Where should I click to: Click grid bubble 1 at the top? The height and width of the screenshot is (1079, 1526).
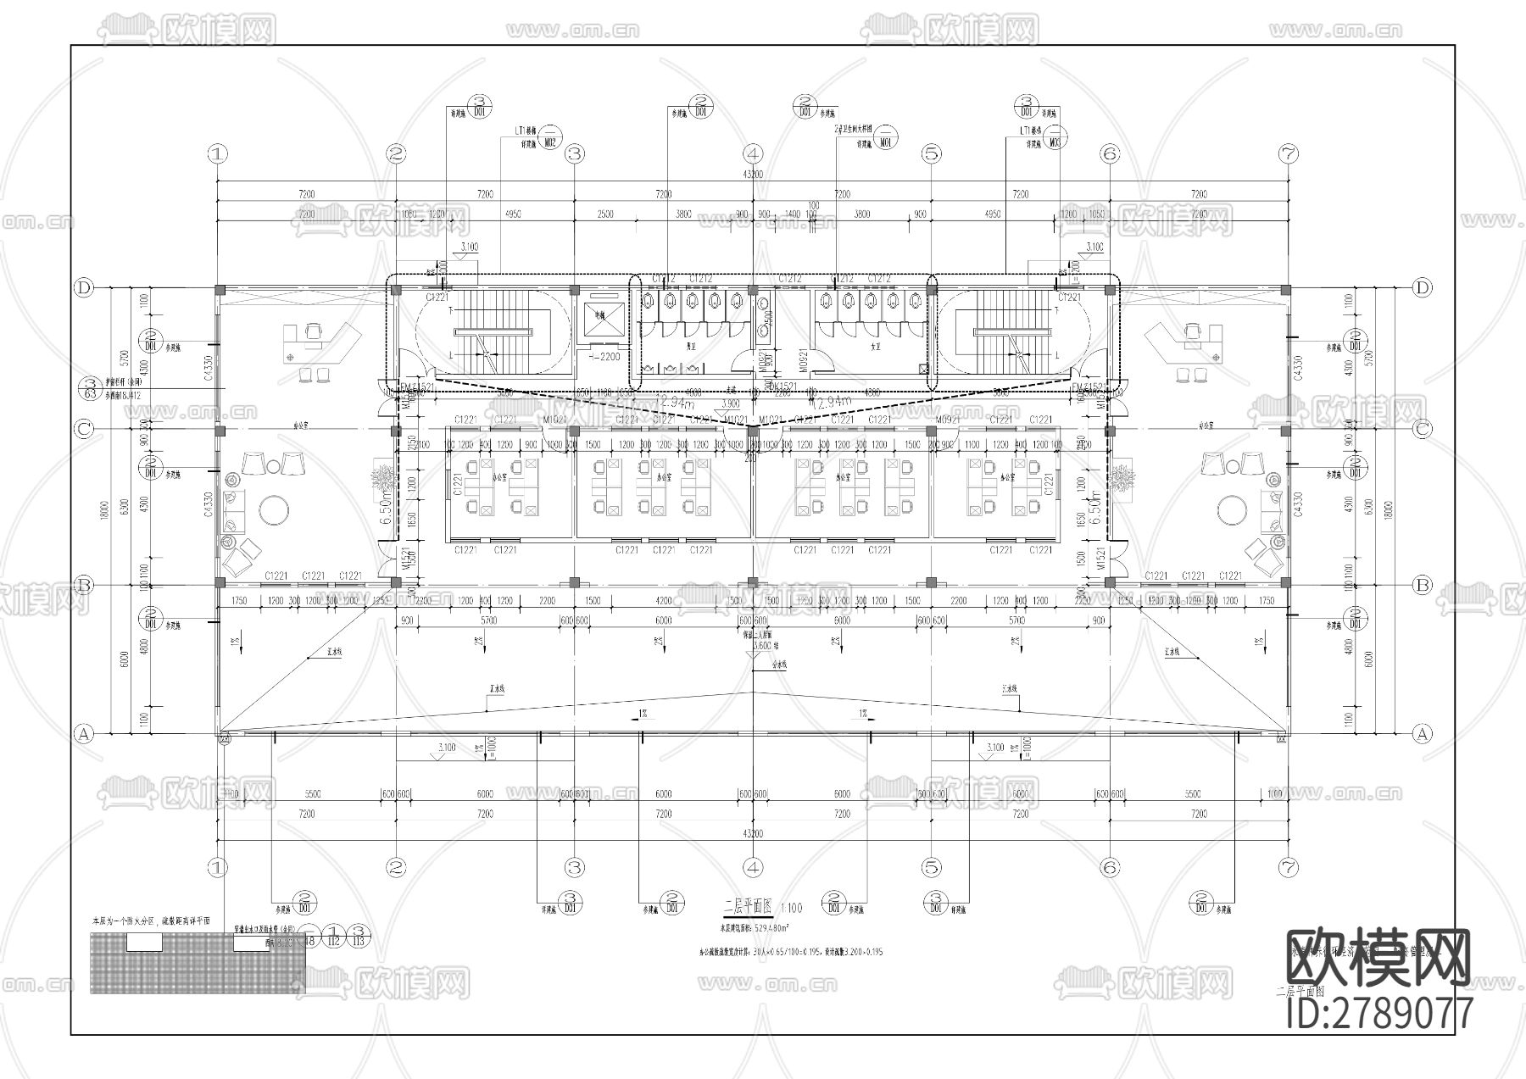218,153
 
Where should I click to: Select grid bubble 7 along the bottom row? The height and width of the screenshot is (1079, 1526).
1289,867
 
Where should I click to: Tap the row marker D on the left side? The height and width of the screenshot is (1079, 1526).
83,288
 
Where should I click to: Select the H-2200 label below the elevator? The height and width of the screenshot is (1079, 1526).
604,357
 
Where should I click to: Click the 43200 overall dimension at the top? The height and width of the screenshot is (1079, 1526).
753,174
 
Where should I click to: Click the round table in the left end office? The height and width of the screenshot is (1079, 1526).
274,510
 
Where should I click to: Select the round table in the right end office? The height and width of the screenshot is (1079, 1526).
1231,510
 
